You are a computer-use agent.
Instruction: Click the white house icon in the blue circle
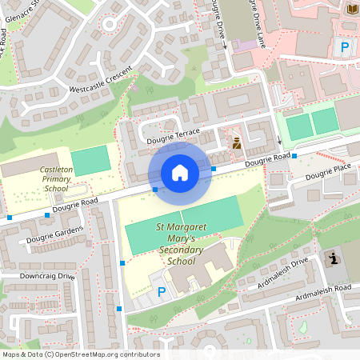point(179,172)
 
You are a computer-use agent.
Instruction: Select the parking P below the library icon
point(345,47)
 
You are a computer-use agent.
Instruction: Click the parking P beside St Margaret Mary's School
point(162,294)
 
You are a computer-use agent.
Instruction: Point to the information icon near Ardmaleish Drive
point(332,258)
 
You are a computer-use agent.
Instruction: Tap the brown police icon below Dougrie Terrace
point(237,144)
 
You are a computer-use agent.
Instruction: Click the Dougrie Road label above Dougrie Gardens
point(75,206)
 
